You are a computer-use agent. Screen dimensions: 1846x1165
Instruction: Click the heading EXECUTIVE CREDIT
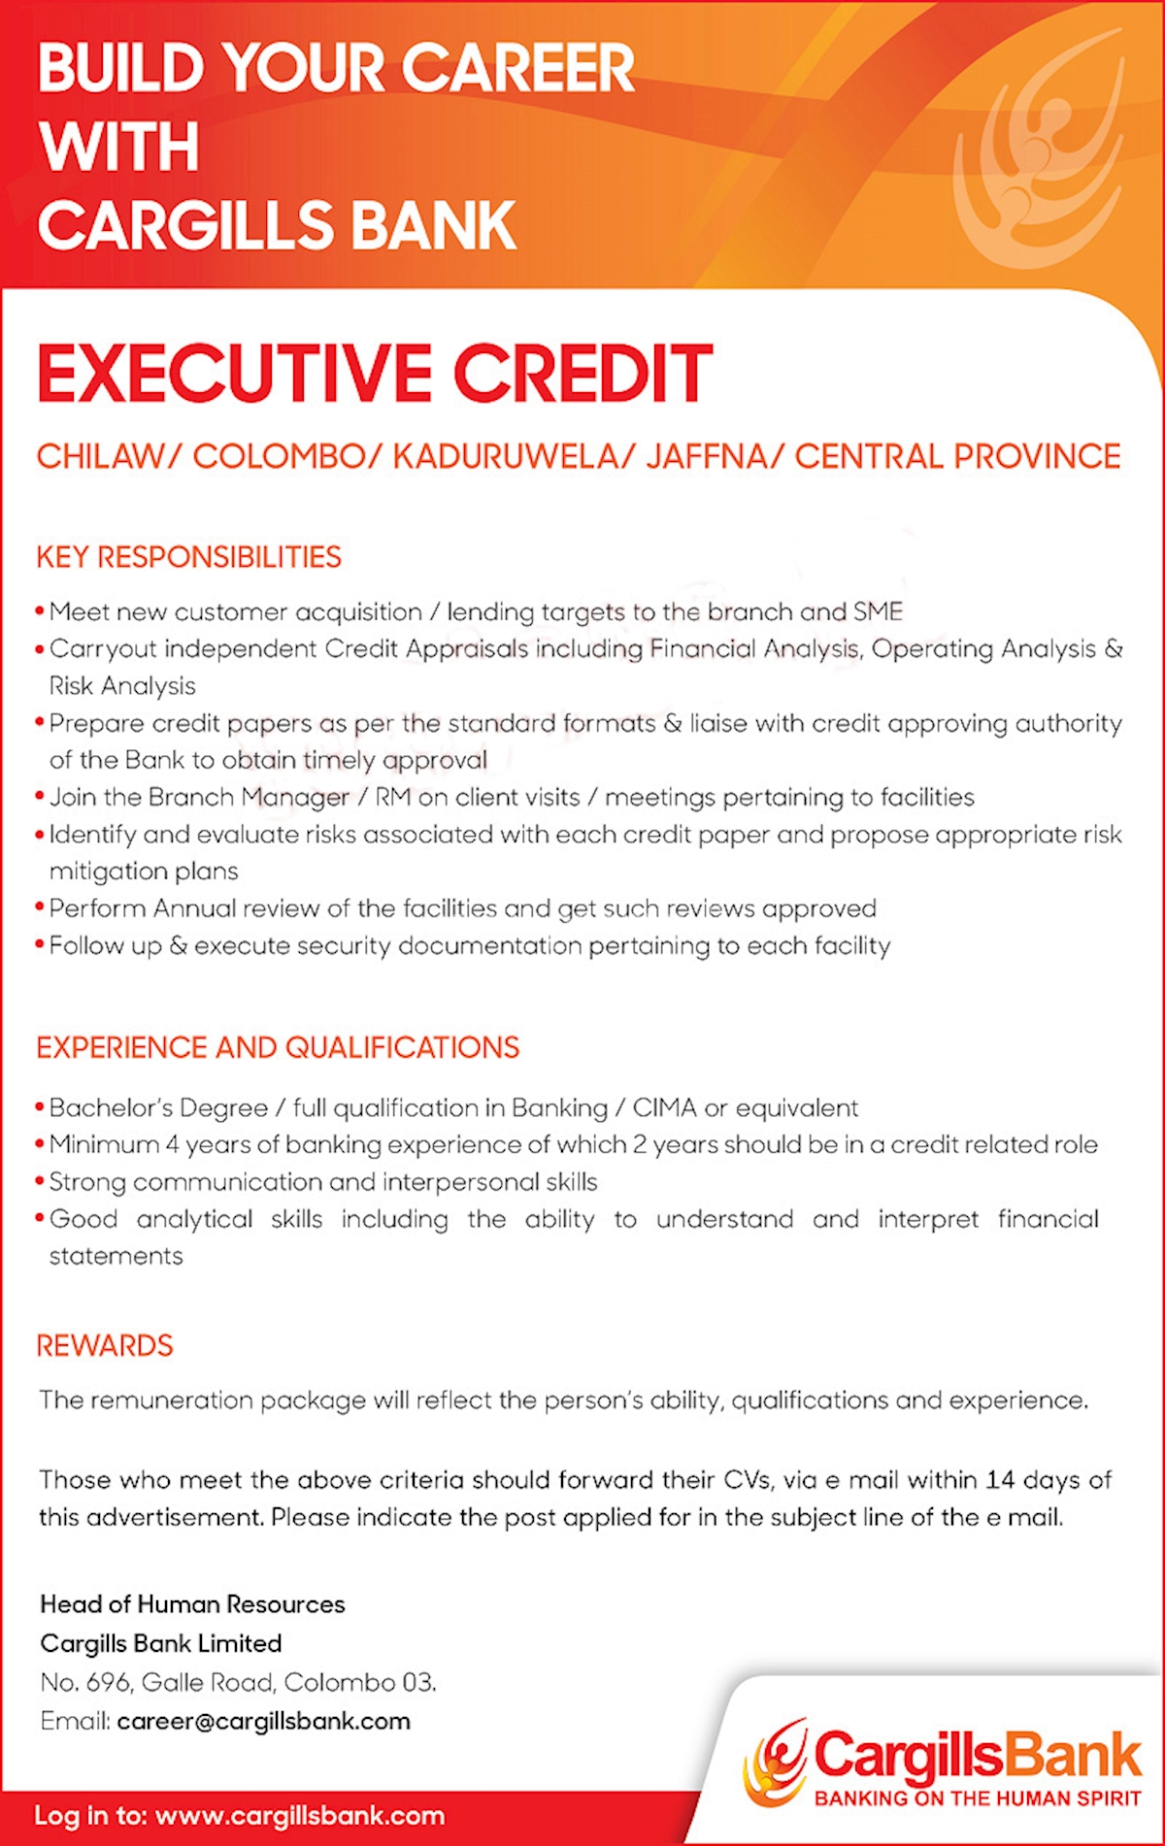375,374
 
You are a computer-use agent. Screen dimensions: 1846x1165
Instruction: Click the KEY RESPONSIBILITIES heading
188,557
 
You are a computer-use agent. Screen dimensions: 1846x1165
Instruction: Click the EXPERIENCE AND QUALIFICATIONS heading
278,1048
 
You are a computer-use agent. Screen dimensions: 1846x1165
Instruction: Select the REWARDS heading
105,1346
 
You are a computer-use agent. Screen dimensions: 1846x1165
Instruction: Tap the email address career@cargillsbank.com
263,1721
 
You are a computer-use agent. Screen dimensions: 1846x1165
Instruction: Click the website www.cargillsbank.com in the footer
299,1816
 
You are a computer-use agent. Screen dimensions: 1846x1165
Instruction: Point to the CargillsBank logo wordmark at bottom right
977,1755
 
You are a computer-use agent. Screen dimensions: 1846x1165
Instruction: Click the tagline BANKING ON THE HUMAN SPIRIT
977,1798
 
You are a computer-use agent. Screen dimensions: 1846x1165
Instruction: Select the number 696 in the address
108,1682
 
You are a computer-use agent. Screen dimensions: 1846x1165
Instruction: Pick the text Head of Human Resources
192,1604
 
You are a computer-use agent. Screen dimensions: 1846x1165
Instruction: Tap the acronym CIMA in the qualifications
664,1107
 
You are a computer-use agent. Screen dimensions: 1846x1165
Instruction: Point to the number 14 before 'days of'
1000,1480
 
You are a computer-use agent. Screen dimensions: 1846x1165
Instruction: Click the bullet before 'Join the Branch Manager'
40,798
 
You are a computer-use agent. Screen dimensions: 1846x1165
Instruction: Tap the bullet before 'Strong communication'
40,1182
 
